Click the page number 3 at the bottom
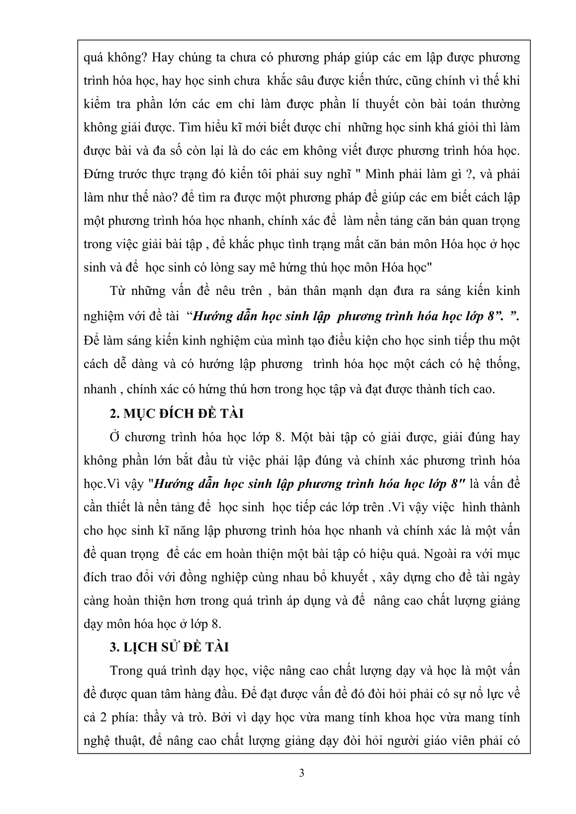302,773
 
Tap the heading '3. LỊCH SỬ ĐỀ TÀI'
169,647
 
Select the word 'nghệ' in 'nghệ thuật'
97,741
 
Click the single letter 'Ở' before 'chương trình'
115,437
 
